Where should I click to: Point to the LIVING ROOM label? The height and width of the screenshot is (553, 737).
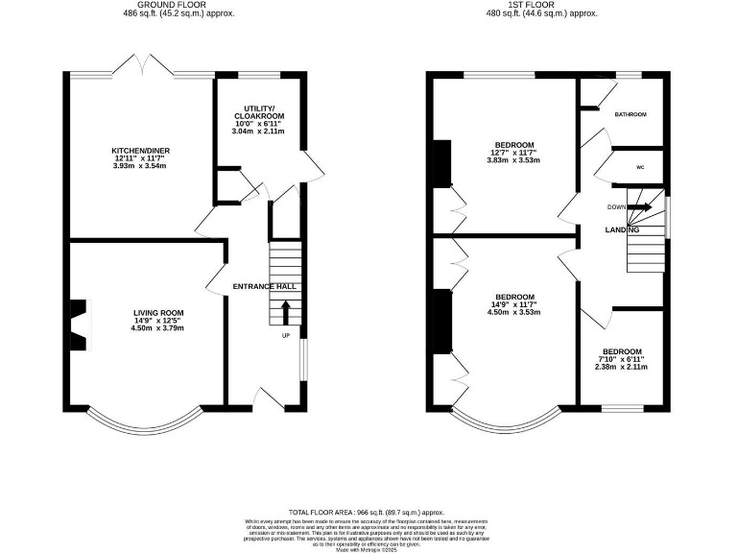point(157,313)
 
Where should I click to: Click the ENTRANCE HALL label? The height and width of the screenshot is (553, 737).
point(264,287)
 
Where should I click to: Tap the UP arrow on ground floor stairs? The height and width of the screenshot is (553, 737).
point(285,311)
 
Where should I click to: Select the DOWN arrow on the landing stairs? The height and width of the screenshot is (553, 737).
point(640,206)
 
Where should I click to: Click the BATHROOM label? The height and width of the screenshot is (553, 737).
point(630,114)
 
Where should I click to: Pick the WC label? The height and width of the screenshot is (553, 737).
point(639,166)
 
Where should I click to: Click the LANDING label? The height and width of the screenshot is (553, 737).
point(622,230)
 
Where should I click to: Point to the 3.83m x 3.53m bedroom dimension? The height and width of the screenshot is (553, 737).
point(514,160)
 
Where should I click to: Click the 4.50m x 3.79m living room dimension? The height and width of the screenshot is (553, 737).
point(157,329)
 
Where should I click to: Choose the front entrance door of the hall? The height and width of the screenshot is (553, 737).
point(271,399)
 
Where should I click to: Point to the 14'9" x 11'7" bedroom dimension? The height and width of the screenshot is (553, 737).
point(514,304)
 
